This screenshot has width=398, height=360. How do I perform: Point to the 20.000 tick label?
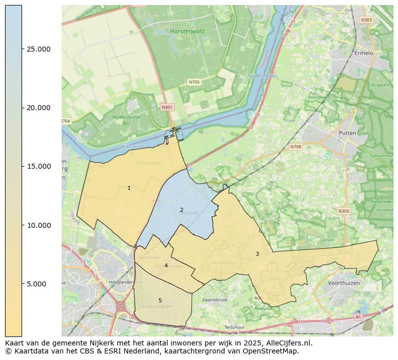[x=39, y=108]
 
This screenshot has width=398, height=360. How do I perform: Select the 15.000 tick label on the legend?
[x=39, y=166]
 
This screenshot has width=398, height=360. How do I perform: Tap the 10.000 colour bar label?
[x=39, y=225]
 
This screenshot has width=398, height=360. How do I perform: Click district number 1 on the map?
[x=129, y=188]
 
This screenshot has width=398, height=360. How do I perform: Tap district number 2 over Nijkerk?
[x=181, y=210]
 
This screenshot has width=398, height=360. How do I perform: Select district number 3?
[x=257, y=254]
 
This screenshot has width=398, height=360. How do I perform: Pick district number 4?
[x=166, y=265]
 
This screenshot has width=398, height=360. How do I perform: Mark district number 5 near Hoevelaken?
[x=160, y=300]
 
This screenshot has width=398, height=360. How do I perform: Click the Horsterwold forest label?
[x=187, y=31]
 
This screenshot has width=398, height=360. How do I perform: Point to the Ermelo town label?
[x=364, y=53]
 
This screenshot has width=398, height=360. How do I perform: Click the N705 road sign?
[x=194, y=82]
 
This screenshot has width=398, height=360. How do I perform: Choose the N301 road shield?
[x=167, y=107]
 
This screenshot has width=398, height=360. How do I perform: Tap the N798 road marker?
[x=296, y=147]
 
